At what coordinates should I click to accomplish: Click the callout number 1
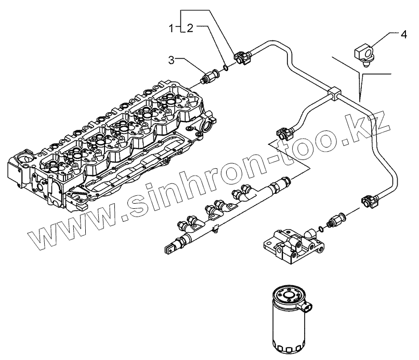172,29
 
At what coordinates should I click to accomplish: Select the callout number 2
190,28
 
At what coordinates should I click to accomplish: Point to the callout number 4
403,35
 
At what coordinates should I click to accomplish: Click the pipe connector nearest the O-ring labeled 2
242,57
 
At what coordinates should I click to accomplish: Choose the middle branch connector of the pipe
285,134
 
